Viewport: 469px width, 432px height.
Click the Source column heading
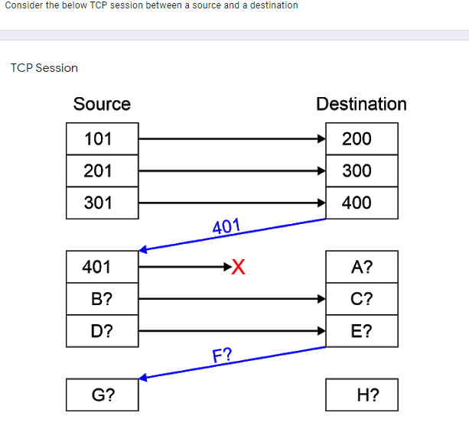pyautogui.click(x=102, y=104)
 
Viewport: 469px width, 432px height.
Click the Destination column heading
pyautogui.click(x=361, y=104)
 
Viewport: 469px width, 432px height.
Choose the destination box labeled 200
pyautogui.click(x=361, y=139)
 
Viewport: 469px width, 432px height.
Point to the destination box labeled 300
pyautogui.click(x=361, y=171)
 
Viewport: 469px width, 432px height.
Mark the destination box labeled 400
pyautogui.click(x=361, y=203)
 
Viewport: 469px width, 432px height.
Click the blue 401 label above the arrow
pyautogui.click(x=226, y=226)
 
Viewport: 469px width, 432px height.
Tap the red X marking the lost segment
pyautogui.click(x=239, y=267)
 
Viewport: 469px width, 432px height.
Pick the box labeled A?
pyautogui.click(x=361, y=267)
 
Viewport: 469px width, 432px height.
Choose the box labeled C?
pyautogui.click(x=361, y=299)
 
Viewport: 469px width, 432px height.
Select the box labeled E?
pyautogui.click(x=361, y=331)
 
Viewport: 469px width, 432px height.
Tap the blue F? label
pyautogui.click(x=223, y=355)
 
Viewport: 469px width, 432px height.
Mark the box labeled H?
pyautogui.click(x=361, y=395)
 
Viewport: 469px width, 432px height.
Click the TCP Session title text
pyautogui.click(x=44, y=68)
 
